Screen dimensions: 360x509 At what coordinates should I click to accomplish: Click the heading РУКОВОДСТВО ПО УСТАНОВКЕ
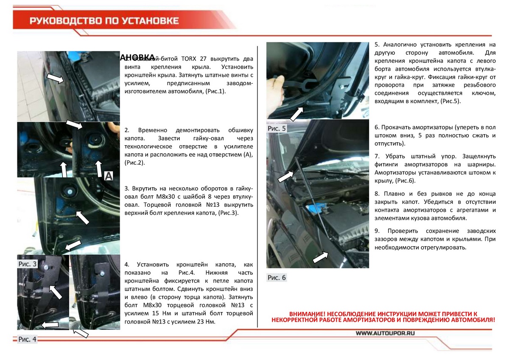(104, 21)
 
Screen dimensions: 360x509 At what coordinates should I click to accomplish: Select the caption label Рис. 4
(27, 339)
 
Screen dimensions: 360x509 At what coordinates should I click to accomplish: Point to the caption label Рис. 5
(277, 128)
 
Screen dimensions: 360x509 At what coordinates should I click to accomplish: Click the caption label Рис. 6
(277, 278)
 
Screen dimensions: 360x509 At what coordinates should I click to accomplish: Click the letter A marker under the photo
(108, 176)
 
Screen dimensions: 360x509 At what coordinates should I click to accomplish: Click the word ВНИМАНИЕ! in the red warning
(308, 312)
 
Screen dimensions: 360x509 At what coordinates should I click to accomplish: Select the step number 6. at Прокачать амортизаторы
(377, 127)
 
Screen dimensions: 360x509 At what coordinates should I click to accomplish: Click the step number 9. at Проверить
(377, 231)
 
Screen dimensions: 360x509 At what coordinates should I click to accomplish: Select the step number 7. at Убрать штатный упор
(377, 155)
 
